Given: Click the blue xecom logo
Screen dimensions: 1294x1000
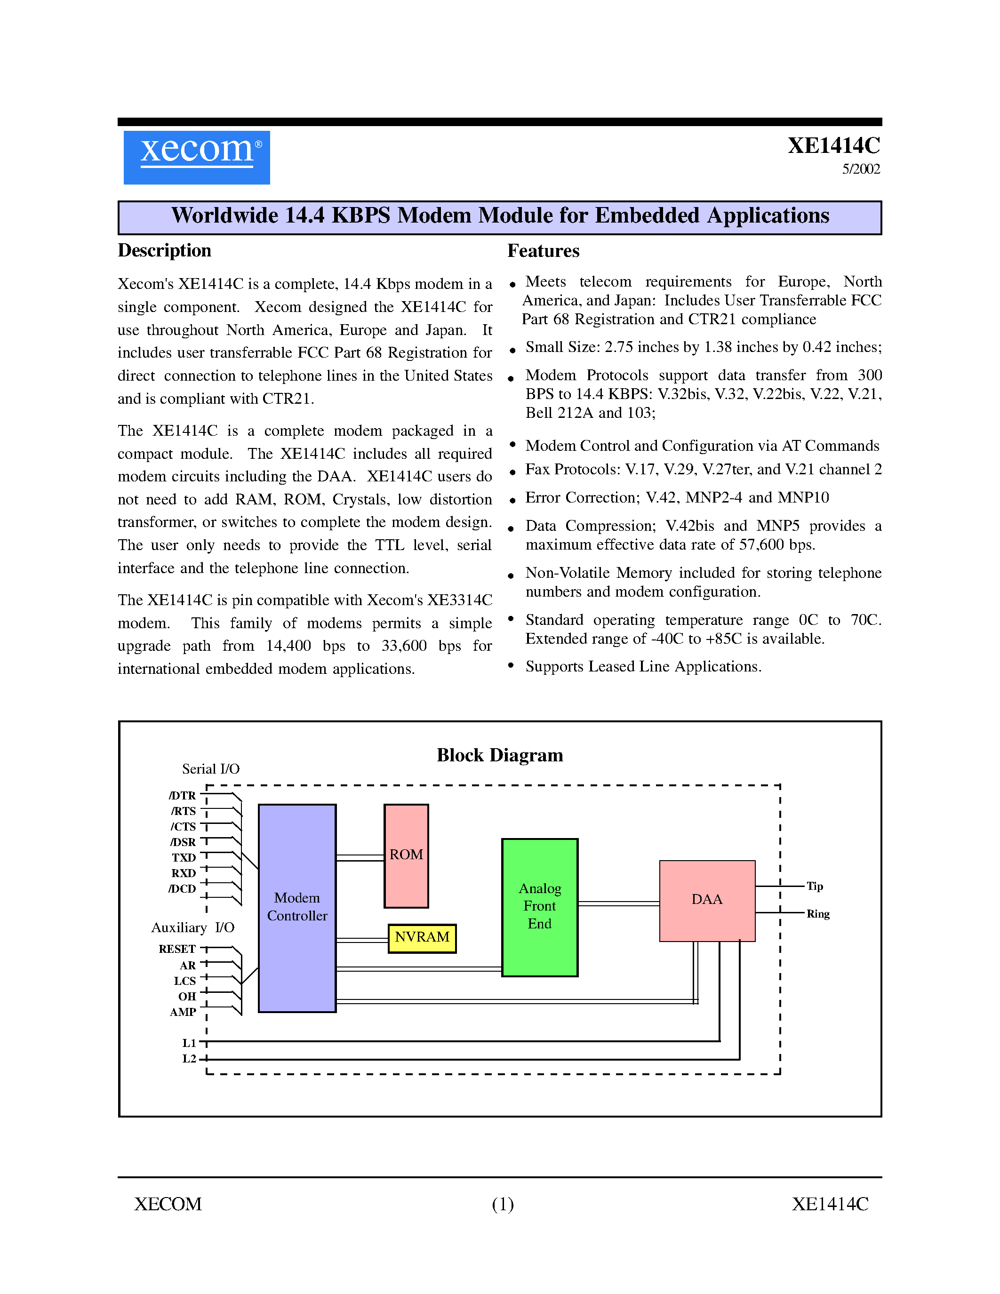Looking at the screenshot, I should tap(196, 157).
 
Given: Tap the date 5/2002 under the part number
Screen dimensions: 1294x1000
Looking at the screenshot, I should tap(861, 169).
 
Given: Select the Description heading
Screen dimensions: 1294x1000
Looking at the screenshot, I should tap(164, 251).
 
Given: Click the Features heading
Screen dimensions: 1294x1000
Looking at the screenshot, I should tap(543, 251).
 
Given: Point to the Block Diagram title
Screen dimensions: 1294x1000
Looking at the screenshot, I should tap(499, 755).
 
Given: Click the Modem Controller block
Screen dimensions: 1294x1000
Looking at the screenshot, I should tap(297, 907).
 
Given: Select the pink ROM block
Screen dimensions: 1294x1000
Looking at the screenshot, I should tap(406, 855).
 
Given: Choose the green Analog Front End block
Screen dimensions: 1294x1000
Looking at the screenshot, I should tap(539, 907).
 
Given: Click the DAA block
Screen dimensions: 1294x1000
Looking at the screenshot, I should tap(707, 900).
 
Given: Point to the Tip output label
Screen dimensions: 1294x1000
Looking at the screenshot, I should tap(815, 887).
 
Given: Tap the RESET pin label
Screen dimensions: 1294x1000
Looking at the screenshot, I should tap(176, 949).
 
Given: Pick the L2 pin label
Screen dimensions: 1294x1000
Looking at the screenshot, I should tap(189, 1059).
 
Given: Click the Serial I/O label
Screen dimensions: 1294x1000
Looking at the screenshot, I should tap(210, 769).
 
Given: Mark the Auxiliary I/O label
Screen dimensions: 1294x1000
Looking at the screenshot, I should tap(192, 928).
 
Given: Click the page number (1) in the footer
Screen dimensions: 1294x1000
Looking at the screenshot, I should tap(503, 1205).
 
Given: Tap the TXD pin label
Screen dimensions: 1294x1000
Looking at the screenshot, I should tap(184, 857).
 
